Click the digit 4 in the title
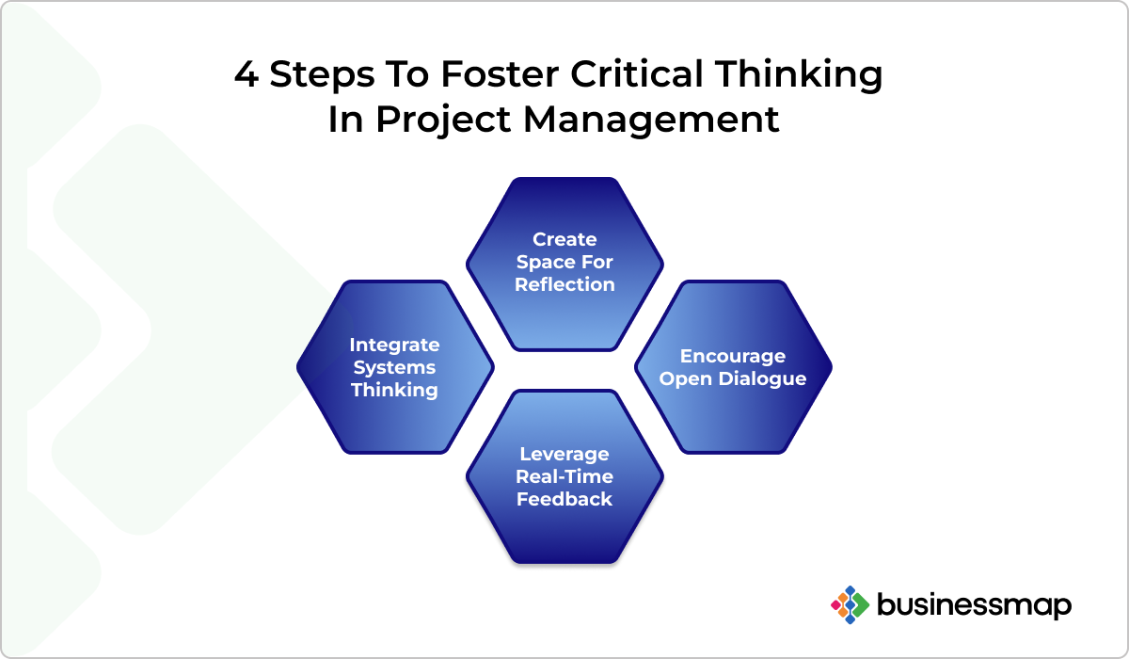point(246,74)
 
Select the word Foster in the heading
point(500,74)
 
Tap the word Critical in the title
point(637,73)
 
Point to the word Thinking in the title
point(799,75)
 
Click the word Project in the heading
point(443,121)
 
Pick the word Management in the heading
point(651,120)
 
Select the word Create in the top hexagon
point(564,239)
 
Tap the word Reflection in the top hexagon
point(564,284)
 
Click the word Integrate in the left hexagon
point(394,346)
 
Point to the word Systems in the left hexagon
point(394,368)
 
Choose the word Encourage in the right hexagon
point(733,357)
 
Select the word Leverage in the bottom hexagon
point(564,455)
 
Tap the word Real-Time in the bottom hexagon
point(564,476)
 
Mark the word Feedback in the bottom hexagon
point(564,499)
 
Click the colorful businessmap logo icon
point(851,605)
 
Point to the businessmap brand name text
point(975,605)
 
